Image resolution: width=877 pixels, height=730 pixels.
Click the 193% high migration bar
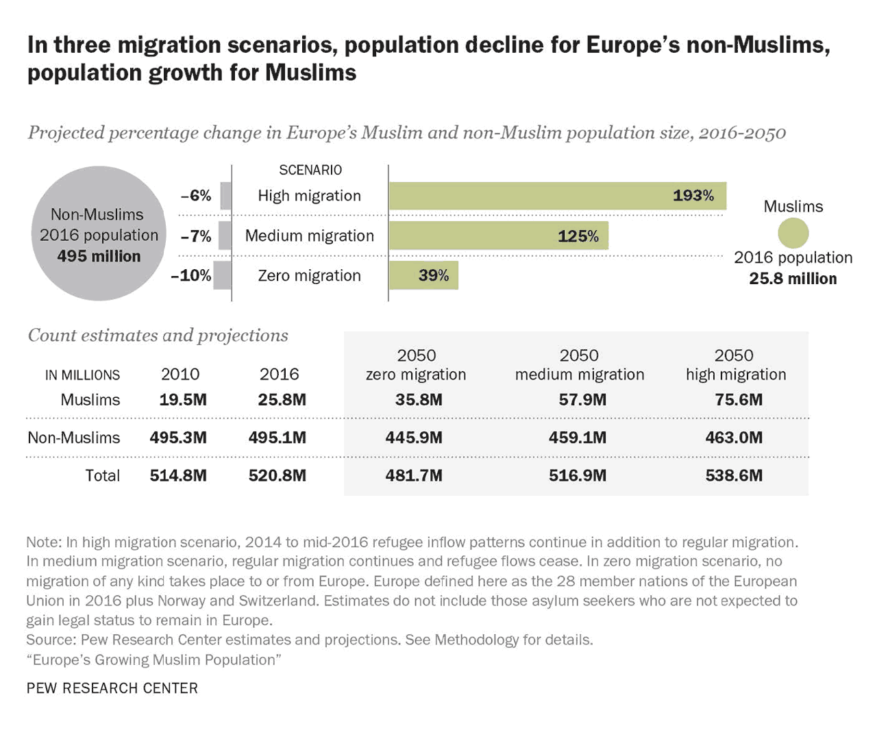(557, 196)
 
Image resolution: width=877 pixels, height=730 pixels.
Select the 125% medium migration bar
(498, 236)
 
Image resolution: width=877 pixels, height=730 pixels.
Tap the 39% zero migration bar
(423, 275)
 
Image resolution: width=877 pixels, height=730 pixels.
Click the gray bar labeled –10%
(222, 275)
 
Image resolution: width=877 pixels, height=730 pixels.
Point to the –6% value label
(196, 196)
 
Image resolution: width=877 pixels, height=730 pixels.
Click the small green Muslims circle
(793, 233)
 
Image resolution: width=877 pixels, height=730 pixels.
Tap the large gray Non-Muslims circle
(99, 234)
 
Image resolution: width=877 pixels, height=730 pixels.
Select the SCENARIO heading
(310, 170)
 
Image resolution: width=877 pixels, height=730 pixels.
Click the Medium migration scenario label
(310, 236)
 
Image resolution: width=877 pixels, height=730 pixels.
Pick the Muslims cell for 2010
(183, 400)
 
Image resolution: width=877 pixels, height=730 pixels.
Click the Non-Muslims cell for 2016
(277, 438)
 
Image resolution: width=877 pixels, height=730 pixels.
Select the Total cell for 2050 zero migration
(414, 476)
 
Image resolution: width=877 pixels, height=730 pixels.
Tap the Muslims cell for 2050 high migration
(739, 400)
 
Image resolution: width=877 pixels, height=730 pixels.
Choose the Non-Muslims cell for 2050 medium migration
(578, 438)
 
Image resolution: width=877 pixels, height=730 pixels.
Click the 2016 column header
(279, 374)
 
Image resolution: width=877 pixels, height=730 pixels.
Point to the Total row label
(102, 476)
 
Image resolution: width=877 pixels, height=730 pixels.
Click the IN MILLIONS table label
(82, 375)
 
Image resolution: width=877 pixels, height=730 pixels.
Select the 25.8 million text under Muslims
(793, 279)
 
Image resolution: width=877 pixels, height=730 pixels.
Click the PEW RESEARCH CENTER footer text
(112, 688)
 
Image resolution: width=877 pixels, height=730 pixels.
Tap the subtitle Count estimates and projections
(158, 336)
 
